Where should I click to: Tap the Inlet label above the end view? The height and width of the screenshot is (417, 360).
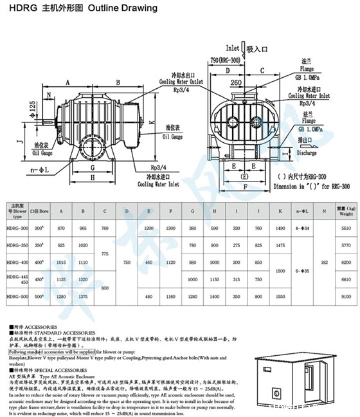click(x=232, y=48)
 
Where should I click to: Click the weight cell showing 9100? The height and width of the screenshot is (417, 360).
click(x=346, y=296)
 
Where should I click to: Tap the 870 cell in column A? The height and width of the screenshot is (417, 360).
click(x=60, y=228)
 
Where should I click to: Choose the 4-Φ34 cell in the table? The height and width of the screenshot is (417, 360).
click(x=300, y=228)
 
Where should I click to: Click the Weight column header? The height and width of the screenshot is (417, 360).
click(x=346, y=213)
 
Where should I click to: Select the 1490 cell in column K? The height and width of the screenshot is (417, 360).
click(x=280, y=228)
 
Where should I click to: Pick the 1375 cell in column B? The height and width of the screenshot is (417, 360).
click(x=83, y=296)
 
